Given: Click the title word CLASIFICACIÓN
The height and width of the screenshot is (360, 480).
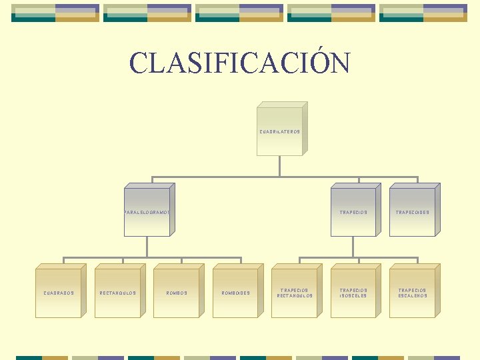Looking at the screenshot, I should pyautogui.click(x=240, y=63).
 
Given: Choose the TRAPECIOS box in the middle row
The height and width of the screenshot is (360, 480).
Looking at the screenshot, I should pyautogui.click(x=353, y=212).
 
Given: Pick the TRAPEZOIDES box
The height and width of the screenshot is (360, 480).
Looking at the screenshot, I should pyautogui.click(x=413, y=212).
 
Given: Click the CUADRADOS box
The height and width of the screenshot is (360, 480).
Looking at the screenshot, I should pyautogui.click(x=59, y=292).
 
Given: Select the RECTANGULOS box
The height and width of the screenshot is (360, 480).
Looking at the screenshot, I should pyautogui.click(x=118, y=292).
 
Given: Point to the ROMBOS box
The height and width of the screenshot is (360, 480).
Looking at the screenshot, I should pyautogui.click(x=177, y=292).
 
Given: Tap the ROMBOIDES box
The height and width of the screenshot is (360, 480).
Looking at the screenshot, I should pyautogui.click(x=235, y=292).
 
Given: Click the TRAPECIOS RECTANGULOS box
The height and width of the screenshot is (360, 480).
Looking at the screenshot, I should pyautogui.click(x=295, y=292).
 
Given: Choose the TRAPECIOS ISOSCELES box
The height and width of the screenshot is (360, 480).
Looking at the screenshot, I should pyautogui.click(x=353, y=292).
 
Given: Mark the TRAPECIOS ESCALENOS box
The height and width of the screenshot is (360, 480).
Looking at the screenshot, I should pyautogui.click(x=413, y=292).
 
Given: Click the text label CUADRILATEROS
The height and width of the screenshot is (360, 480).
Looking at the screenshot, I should pyautogui.click(x=280, y=132).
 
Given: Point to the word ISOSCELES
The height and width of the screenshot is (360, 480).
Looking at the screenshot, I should pyautogui.click(x=353, y=296).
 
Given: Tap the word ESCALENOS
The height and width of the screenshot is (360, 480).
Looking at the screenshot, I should pyautogui.click(x=413, y=296).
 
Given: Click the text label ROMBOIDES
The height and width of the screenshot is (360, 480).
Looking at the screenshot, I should pyautogui.click(x=235, y=293).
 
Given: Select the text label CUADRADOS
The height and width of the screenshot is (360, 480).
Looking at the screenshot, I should pyautogui.click(x=59, y=293).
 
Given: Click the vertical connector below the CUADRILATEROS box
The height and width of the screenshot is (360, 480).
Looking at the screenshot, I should pyautogui.click(x=280, y=166).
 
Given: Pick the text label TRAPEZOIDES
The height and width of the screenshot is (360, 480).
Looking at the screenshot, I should pyautogui.click(x=413, y=213).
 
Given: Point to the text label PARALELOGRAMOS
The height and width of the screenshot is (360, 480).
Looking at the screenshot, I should pyautogui.click(x=147, y=213).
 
